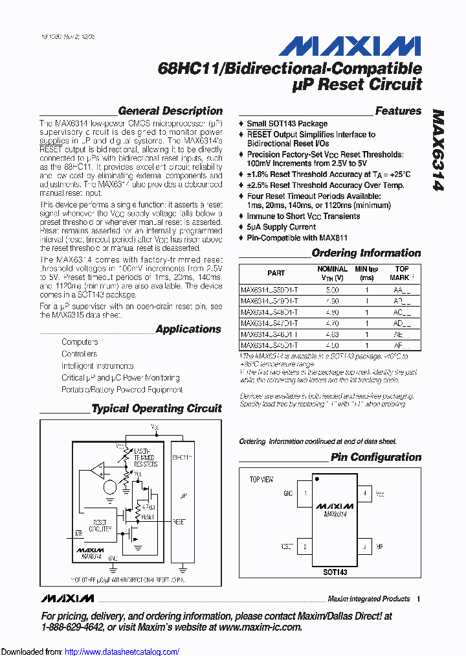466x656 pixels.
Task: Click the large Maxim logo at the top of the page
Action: click(349, 47)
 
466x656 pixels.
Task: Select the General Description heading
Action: click(170, 111)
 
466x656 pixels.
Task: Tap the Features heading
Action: click(398, 111)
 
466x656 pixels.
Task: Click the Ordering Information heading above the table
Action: click(366, 253)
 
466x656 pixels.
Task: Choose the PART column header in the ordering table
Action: click(276, 273)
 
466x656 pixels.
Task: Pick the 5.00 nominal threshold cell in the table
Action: click(332, 291)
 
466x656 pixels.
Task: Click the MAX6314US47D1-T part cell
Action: click(269, 322)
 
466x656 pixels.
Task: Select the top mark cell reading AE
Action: click(402, 333)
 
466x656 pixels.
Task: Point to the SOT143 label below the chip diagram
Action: click(335, 572)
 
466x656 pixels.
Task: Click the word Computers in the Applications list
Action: click(80, 342)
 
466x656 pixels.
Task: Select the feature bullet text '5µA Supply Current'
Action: click(282, 227)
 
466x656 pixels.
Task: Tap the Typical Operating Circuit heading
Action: click(156, 408)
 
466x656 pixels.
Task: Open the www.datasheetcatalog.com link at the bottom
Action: click(132, 651)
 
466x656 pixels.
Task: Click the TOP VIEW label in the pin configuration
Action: click(261, 480)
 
